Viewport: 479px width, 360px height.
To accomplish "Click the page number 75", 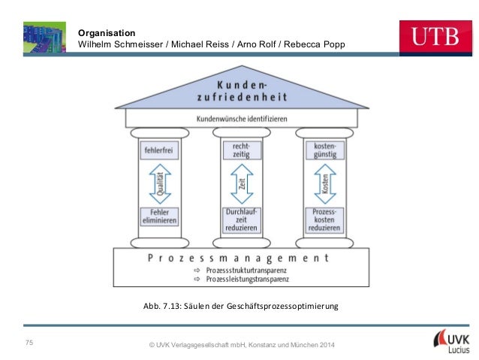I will pos(29,343).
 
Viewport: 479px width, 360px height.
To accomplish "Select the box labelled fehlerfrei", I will pos(158,151).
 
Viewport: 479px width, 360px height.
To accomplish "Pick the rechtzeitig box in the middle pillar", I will pos(242,150).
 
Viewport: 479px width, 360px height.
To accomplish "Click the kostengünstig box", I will pos(325,150).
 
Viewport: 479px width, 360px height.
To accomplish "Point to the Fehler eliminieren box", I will pos(158,217).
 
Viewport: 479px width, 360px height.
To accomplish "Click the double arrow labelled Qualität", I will pos(159,185).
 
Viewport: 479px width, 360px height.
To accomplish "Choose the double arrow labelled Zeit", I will pos(242,185).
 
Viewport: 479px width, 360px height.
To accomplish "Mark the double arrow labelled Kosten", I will pos(325,185).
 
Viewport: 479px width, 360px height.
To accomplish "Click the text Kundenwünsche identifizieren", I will pos(240,119).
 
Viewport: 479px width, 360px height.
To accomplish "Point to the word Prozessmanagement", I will pos(238,257).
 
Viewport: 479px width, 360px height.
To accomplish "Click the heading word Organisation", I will pos(107,33).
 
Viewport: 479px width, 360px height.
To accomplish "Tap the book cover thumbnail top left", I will pos(44,36).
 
